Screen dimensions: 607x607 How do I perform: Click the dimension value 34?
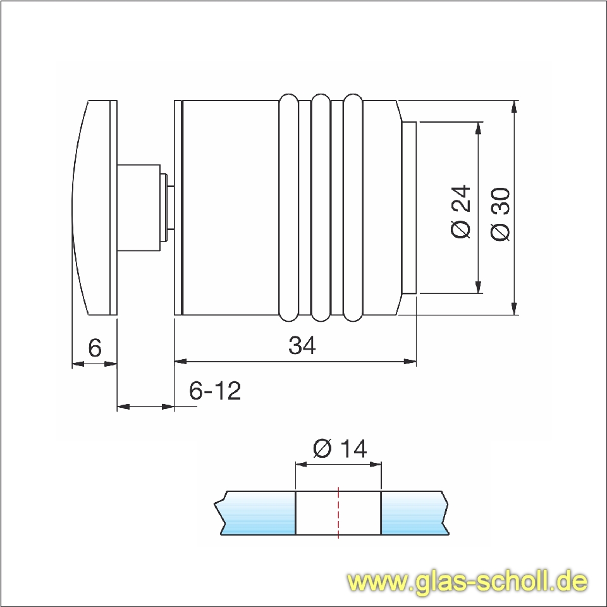(x=302, y=346)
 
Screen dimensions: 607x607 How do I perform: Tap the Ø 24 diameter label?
(x=462, y=211)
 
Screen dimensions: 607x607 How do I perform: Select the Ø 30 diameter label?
(x=500, y=214)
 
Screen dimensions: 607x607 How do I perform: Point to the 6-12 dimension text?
(x=215, y=391)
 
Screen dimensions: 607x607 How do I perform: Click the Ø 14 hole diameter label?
(x=340, y=449)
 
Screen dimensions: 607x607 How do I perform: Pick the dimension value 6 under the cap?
(x=95, y=348)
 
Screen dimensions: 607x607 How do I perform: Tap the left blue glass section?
(x=256, y=512)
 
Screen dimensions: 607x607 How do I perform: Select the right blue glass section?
(x=414, y=512)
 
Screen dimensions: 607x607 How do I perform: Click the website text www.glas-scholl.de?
(x=468, y=580)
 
